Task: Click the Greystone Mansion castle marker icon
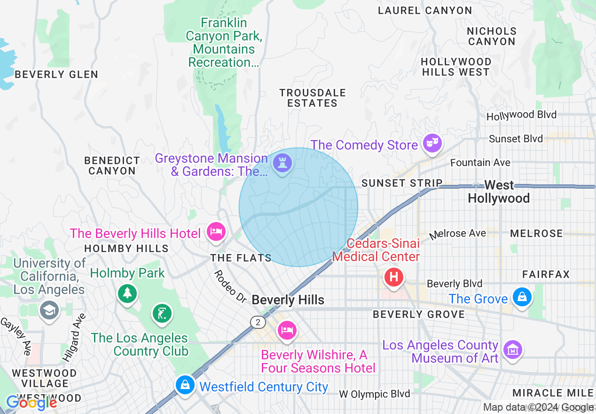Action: (x=282, y=163)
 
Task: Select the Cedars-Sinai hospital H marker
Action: (x=394, y=277)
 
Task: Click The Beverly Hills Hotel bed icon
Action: (x=216, y=231)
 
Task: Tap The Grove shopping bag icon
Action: (x=522, y=297)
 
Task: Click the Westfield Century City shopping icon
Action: (x=186, y=384)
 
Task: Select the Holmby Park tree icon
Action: (x=127, y=294)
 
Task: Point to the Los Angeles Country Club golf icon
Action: (x=162, y=312)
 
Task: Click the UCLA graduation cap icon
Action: (x=49, y=310)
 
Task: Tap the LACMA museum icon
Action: (x=513, y=349)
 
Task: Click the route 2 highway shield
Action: (x=258, y=322)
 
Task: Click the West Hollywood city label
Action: (x=499, y=192)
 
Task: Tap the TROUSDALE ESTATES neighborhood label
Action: (x=313, y=98)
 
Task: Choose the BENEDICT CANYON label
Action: (x=112, y=166)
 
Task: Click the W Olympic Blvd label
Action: (x=375, y=394)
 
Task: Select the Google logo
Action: (x=31, y=403)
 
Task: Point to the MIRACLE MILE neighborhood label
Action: (x=553, y=393)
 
